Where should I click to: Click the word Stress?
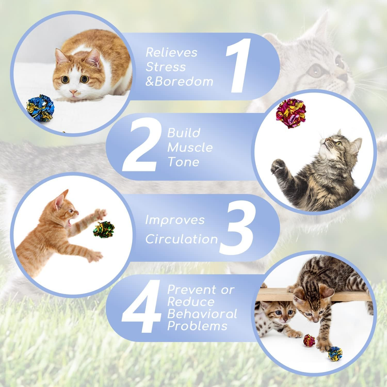pyautogui.click(x=166, y=67)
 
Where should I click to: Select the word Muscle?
pyautogui.click(x=190, y=148)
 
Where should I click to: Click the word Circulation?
pyautogui.click(x=182, y=239)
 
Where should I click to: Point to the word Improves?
pyautogui.click(x=175, y=220)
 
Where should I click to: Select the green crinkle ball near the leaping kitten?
pyautogui.click(x=103, y=229)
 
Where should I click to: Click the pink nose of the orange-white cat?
pyautogui.click(x=74, y=92)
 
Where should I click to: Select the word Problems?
pyautogui.click(x=197, y=326)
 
